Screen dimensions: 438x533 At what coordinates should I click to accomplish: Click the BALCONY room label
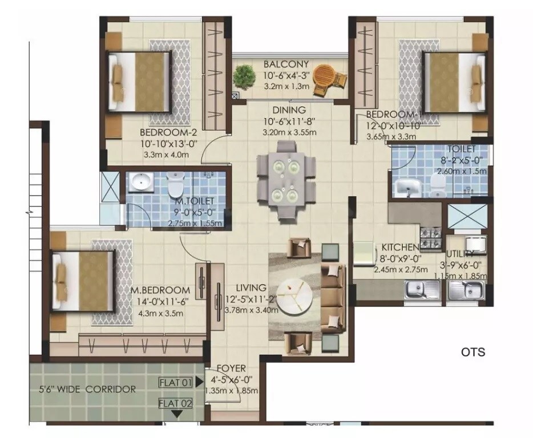286,64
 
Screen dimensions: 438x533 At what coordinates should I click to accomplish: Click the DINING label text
289,110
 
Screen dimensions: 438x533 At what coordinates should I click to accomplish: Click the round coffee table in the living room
297,293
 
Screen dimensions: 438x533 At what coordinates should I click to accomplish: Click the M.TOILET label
195,201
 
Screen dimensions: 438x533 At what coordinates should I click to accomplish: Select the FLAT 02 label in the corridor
175,404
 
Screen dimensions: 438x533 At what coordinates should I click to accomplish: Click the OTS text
473,352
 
